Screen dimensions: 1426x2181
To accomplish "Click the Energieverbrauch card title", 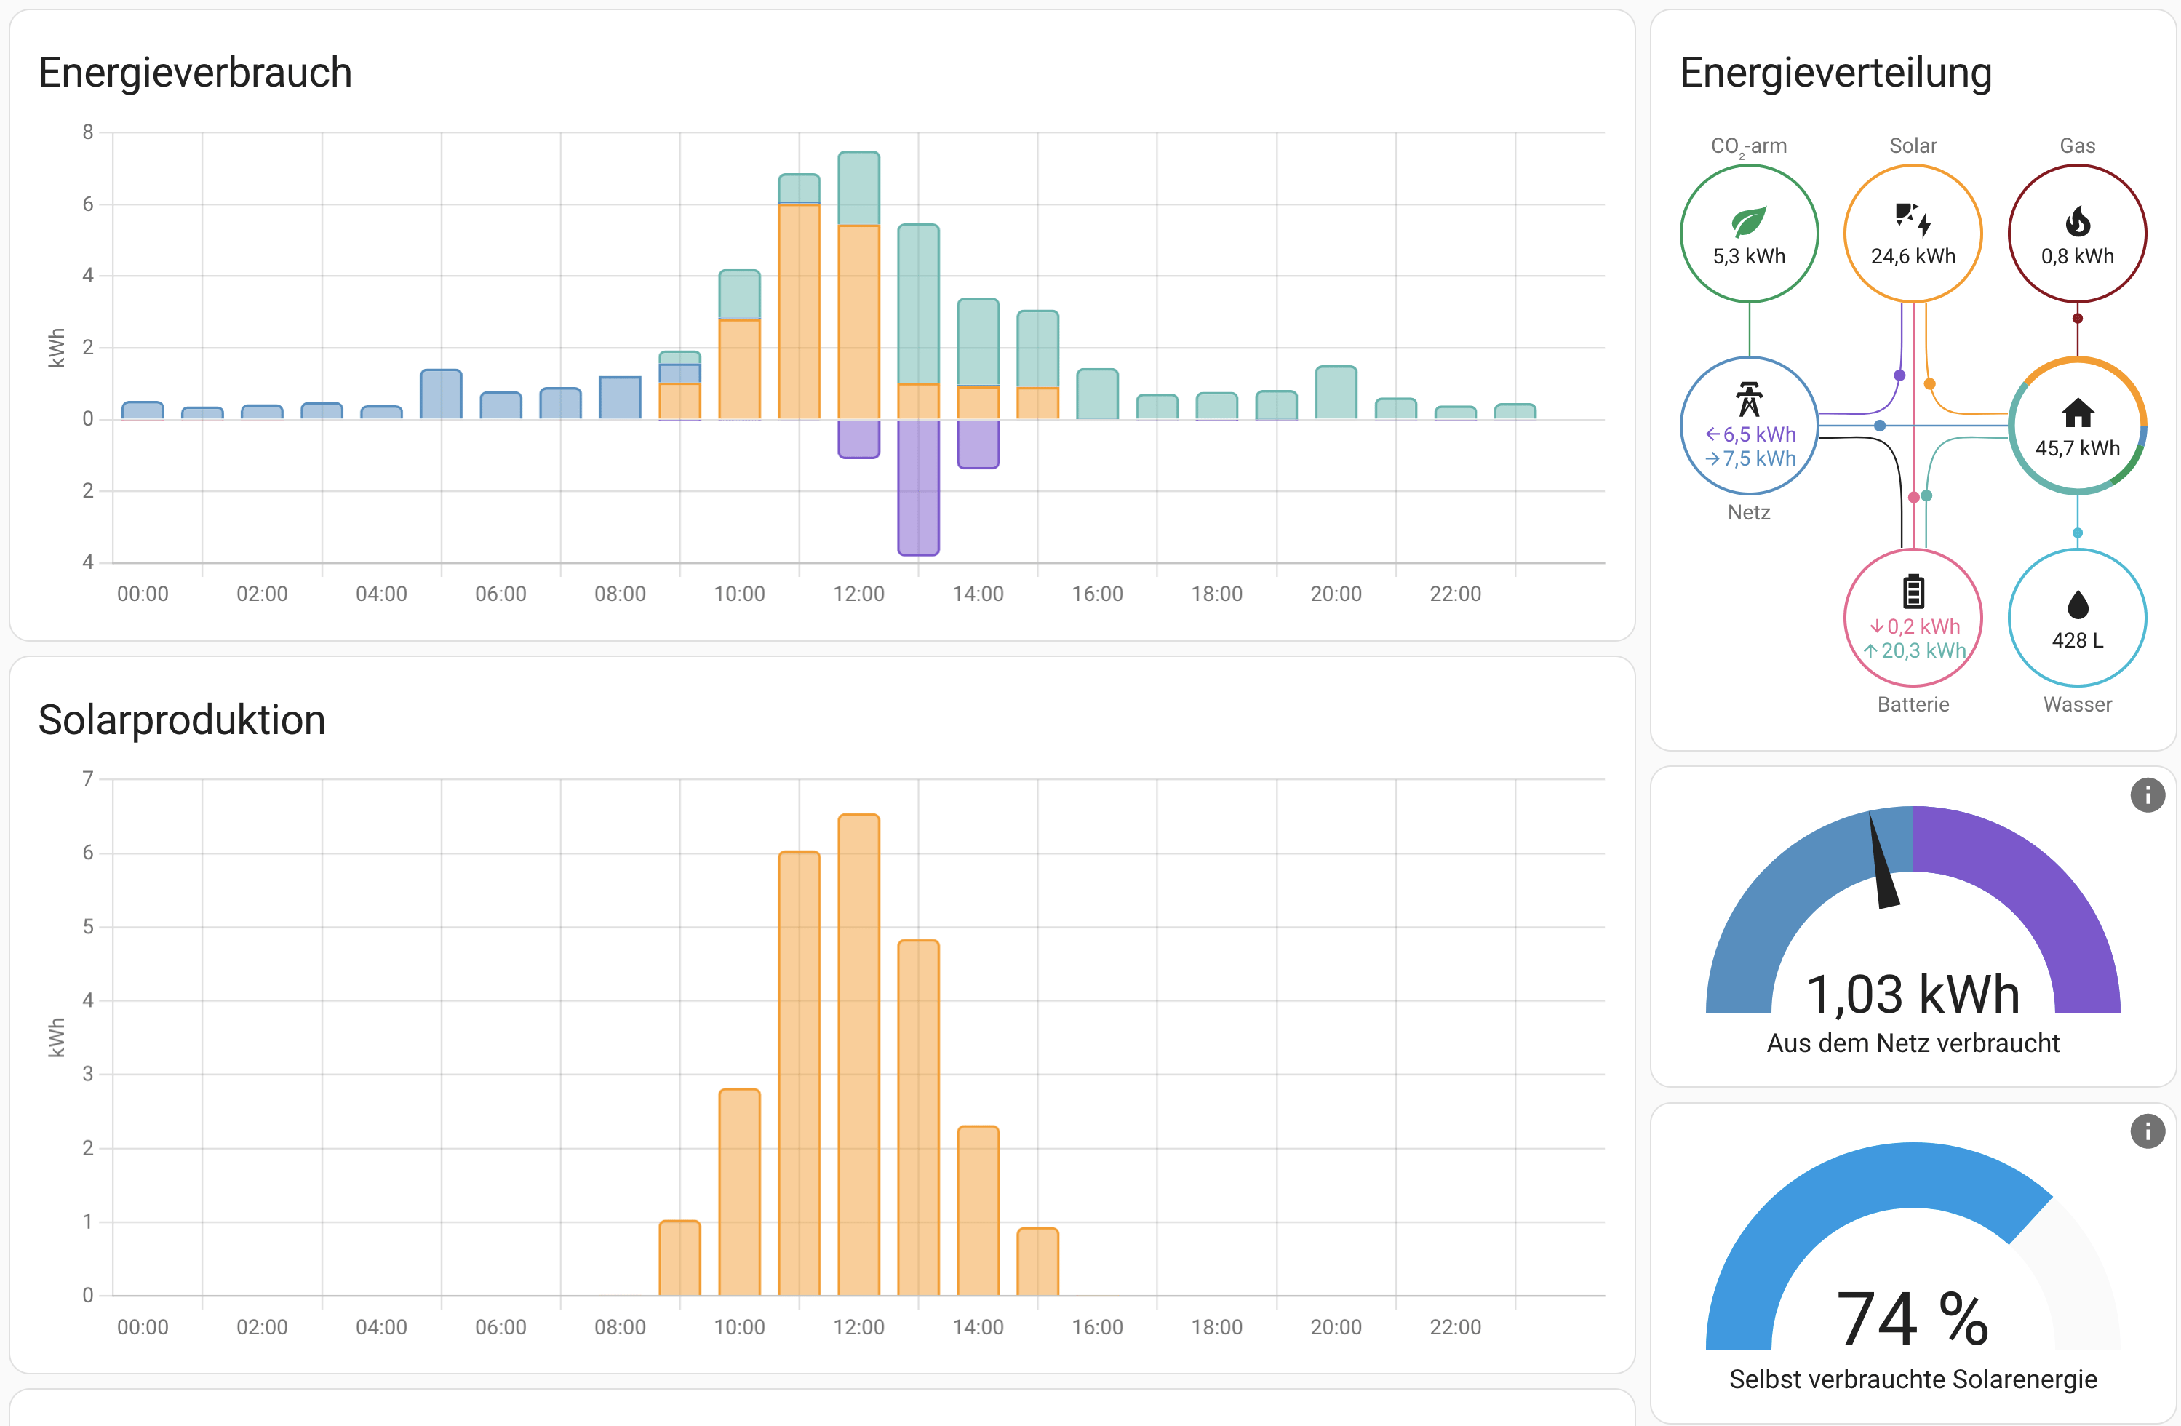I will tap(195, 73).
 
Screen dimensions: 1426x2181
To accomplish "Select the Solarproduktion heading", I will tap(181, 720).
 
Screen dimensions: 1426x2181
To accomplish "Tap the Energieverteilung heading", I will tap(1835, 73).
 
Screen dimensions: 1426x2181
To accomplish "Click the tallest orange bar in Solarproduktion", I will tap(858, 1054).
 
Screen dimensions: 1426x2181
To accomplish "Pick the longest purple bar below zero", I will tap(918, 487).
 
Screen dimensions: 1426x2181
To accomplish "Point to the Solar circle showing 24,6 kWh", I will tap(1913, 234).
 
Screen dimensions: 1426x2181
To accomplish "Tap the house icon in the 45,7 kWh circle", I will tap(2078, 413).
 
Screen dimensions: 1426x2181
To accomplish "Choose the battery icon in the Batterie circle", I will tap(1913, 592).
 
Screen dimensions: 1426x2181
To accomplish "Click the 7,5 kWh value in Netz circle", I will tap(1758, 458).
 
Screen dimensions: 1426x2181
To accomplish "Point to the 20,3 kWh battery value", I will tap(1923, 650).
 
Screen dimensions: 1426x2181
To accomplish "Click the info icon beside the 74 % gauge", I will tap(2147, 1131).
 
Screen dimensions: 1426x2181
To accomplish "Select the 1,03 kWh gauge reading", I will tap(1913, 995).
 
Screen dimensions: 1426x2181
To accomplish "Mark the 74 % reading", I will tap(1913, 1319).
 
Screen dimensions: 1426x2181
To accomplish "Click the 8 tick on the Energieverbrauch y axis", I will tap(88, 132).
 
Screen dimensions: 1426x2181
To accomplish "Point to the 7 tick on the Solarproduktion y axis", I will tap(88, 779).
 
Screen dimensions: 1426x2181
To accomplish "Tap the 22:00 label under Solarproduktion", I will tap(1455, 1327).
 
